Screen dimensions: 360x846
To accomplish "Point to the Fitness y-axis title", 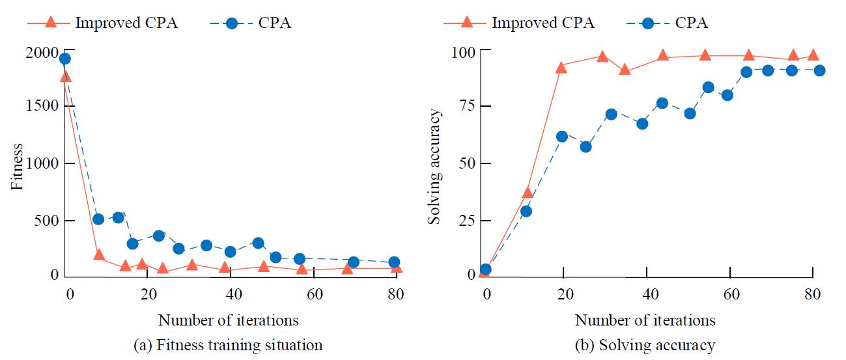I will click(18, 167).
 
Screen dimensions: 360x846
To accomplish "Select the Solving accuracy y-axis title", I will click(434, 167).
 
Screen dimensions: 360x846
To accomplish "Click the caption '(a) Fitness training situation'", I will click(228, 345).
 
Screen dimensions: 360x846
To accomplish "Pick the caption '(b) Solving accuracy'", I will click(645, 345).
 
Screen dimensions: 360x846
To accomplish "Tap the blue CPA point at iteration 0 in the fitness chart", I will click(64, 59).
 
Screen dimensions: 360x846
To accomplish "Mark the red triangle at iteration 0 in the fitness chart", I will click(65, 77).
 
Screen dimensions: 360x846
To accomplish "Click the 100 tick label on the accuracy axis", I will click(463, 51).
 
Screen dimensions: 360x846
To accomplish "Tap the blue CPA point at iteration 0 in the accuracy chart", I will click(485, 269).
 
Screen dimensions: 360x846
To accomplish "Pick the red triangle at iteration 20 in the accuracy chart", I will click(561, 67).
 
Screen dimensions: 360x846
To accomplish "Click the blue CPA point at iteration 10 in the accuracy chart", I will click(526, 211).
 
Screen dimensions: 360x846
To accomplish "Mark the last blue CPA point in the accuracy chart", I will click(819, 70).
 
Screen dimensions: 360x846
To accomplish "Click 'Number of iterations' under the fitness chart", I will click(228, 320).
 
